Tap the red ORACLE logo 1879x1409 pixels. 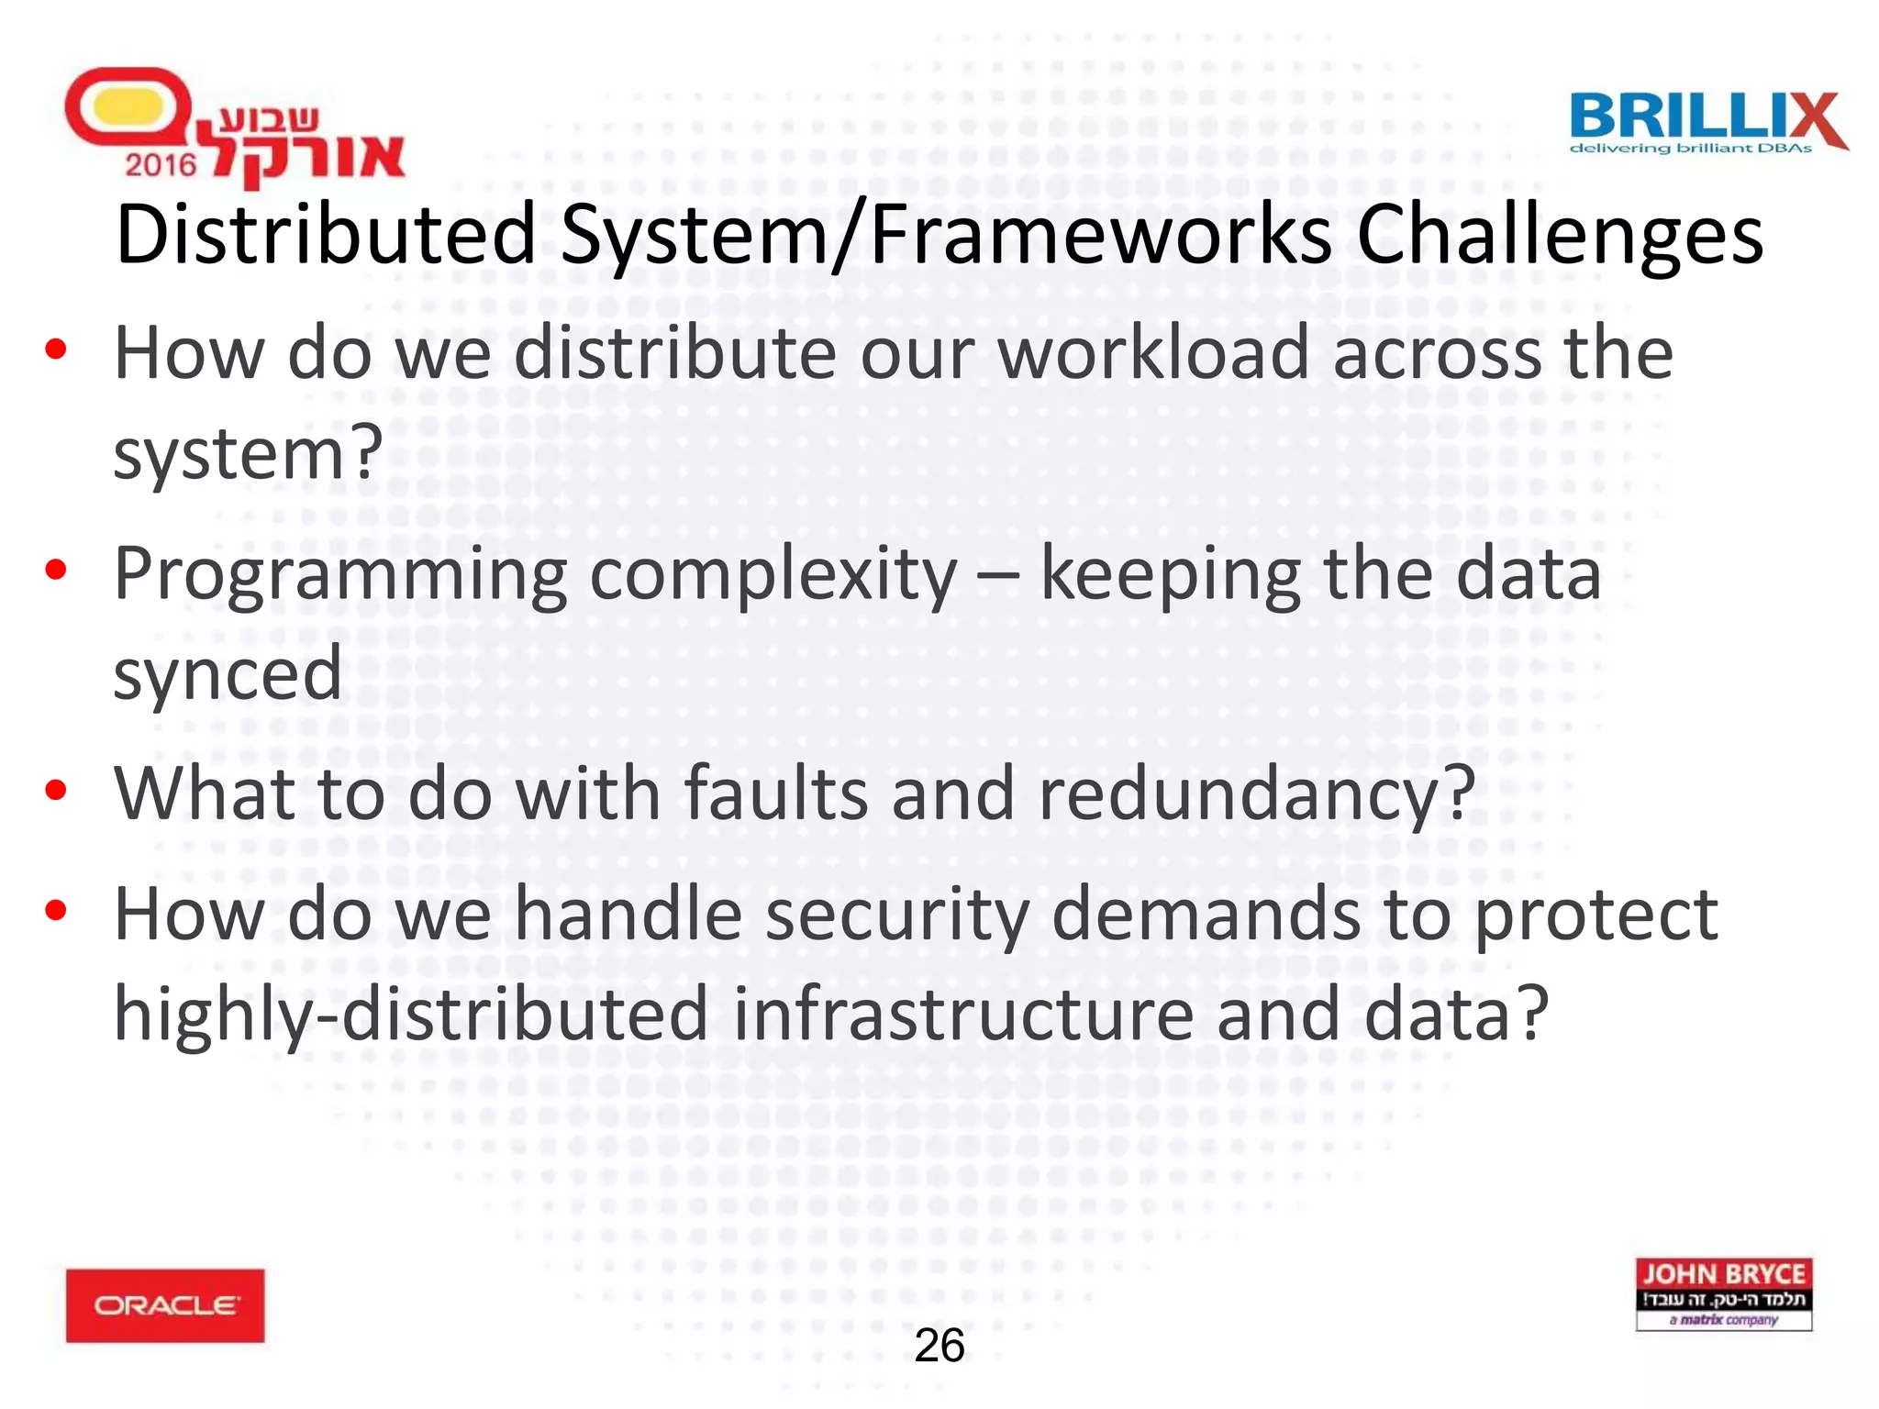coord(165,1304)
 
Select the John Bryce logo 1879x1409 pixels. coord(1724,1293)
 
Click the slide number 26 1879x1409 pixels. coord(939,1346)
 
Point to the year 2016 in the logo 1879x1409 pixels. coord(161,165)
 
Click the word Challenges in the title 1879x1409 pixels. coord(1560,236)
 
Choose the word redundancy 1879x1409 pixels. coord(1256,794)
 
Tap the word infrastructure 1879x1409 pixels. coord(963,1015)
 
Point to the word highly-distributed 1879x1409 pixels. coord(411,1015)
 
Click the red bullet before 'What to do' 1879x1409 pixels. coord(56,790)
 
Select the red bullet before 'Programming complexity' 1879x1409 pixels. coord(56,570)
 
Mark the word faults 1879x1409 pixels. coord(776,794)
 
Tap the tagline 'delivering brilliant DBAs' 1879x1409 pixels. coord(1691,149)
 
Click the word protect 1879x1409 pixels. coord(1595,915)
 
